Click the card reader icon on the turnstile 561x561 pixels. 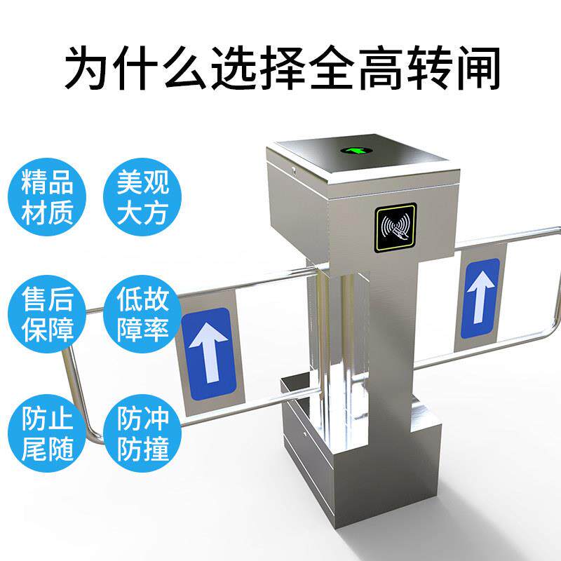coord(395,227)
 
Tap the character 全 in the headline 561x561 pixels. coord(310,68)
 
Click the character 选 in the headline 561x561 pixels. coord(255,68)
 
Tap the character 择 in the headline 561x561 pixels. coord(283,68)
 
